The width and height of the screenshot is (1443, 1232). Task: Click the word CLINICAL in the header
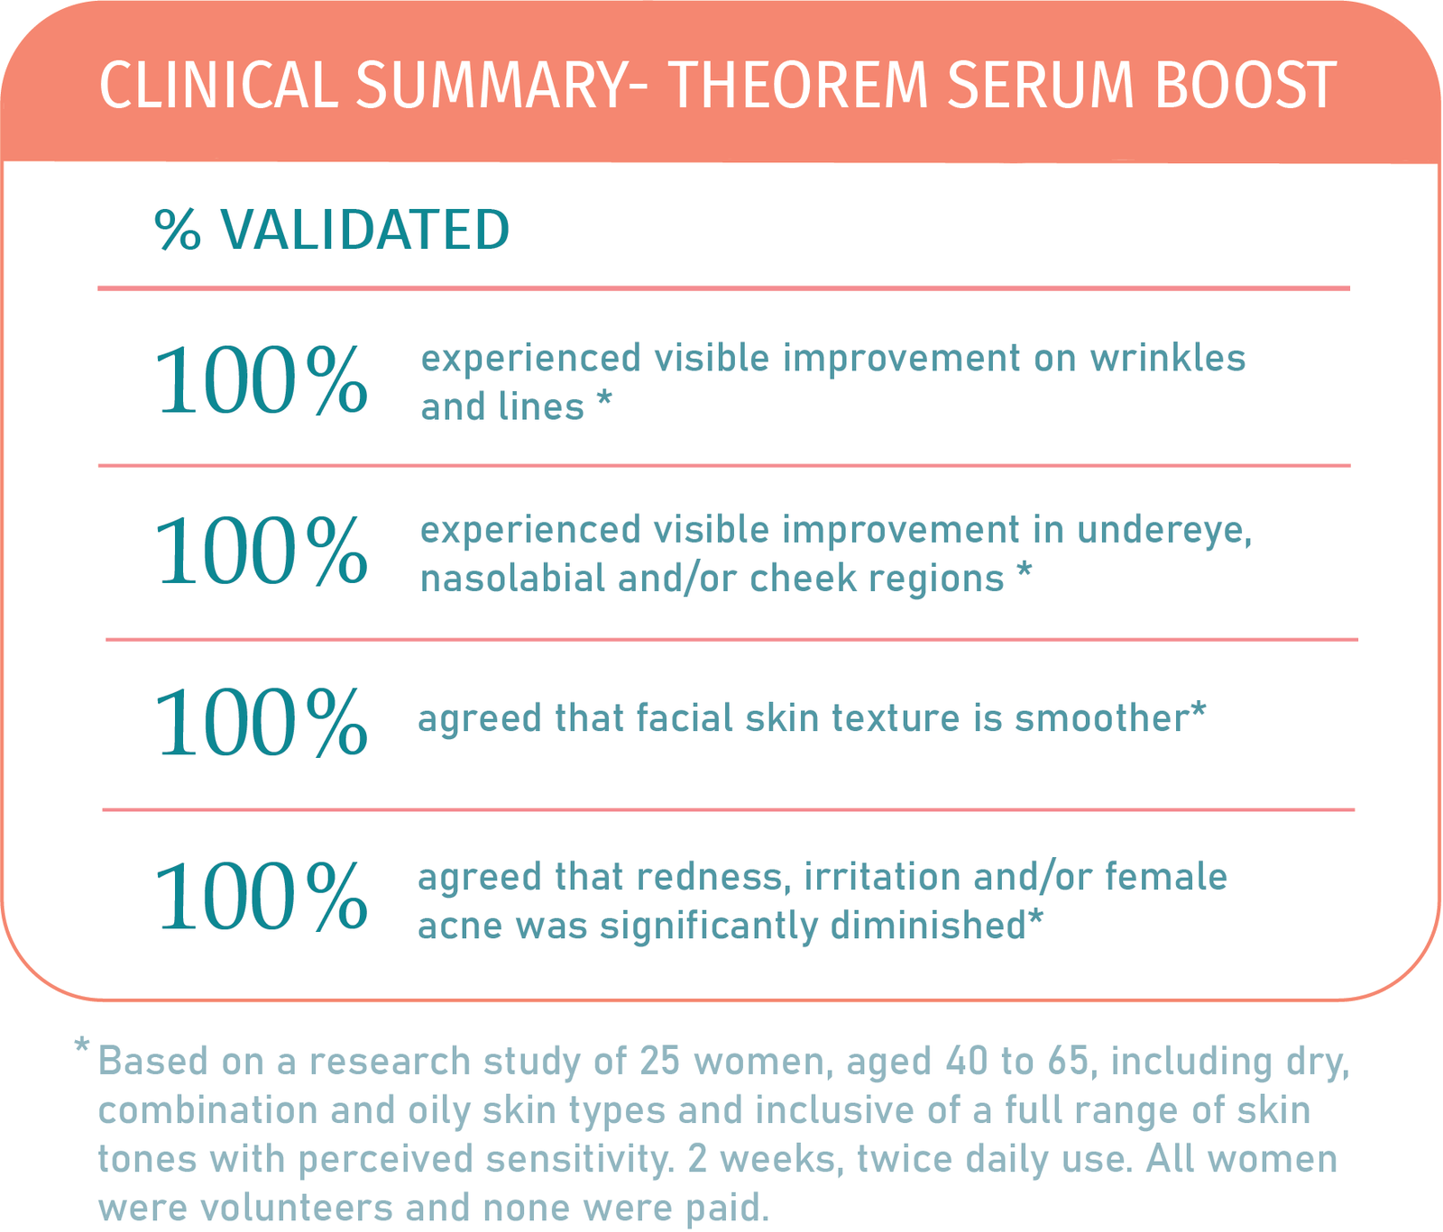pyautogui.click(x=217, y=87)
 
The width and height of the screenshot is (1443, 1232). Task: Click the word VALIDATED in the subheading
pyautogui.click(x=366, y=230)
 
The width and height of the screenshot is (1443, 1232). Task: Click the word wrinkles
pyautogui.click(x=1167, y=358)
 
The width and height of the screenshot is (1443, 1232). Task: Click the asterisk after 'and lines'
pyautogui.click(x=604, y=401)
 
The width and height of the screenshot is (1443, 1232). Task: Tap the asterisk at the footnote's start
pyautogui.click(x=82, y=1047)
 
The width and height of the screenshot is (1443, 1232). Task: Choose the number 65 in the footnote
pyautogui.click(x=1071, y=1062)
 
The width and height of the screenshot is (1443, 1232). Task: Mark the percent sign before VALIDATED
pyautogui.click(x=178, y=231)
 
